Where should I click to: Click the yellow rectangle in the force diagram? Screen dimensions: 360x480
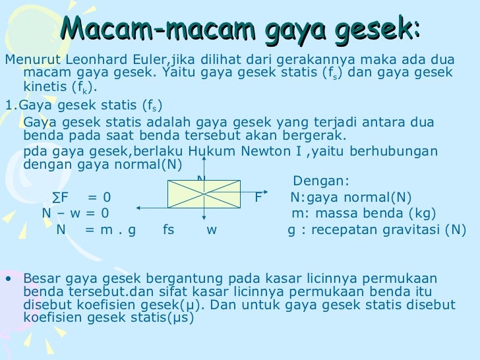206,193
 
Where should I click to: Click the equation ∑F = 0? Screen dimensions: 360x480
82,197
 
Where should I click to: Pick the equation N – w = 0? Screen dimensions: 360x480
76,213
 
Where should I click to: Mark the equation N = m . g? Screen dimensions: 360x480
96,229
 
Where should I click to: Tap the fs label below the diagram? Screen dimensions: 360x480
168,229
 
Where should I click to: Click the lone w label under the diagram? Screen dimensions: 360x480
211,229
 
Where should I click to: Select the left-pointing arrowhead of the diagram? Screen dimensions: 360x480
140,208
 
